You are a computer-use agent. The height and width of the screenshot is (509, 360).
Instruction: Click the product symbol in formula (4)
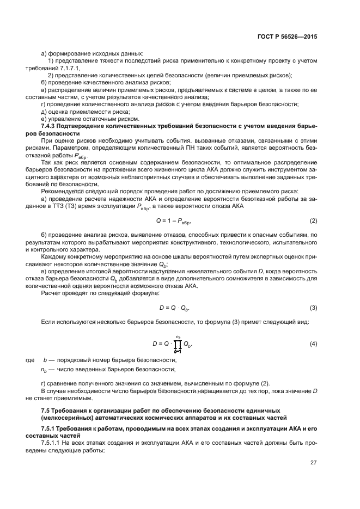178,344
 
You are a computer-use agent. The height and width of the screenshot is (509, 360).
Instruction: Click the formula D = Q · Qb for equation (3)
174,308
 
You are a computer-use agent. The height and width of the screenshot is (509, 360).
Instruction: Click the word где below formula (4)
30,360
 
